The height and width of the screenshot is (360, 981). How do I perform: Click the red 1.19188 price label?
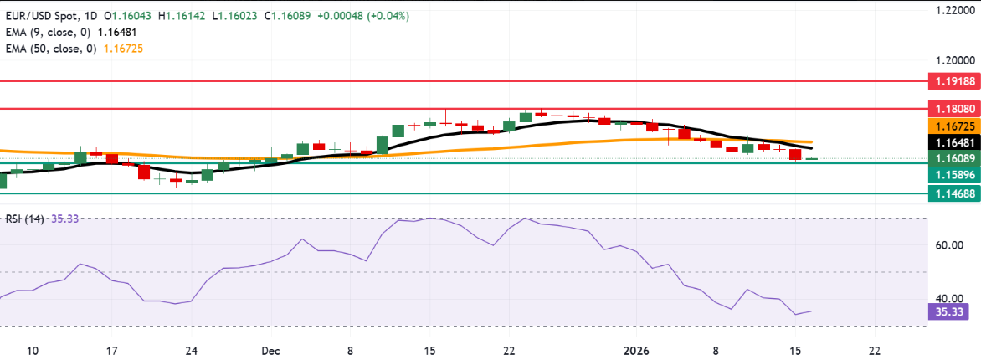point(952,82)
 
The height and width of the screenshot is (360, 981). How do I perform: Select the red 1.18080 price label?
point(952,109)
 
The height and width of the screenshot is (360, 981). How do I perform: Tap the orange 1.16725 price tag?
point(952,126)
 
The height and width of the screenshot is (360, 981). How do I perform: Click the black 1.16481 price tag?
point(952,142)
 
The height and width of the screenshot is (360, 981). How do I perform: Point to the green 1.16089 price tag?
point(952,158)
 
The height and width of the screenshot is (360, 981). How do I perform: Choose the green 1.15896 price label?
point(952,174)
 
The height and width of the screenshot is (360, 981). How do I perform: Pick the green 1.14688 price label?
point(952,193)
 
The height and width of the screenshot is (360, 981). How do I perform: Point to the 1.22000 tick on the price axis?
point(952,9)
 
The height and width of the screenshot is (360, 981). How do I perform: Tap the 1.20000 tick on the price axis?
point(952,61)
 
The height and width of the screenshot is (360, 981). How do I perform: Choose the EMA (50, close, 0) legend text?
point(54,49)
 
